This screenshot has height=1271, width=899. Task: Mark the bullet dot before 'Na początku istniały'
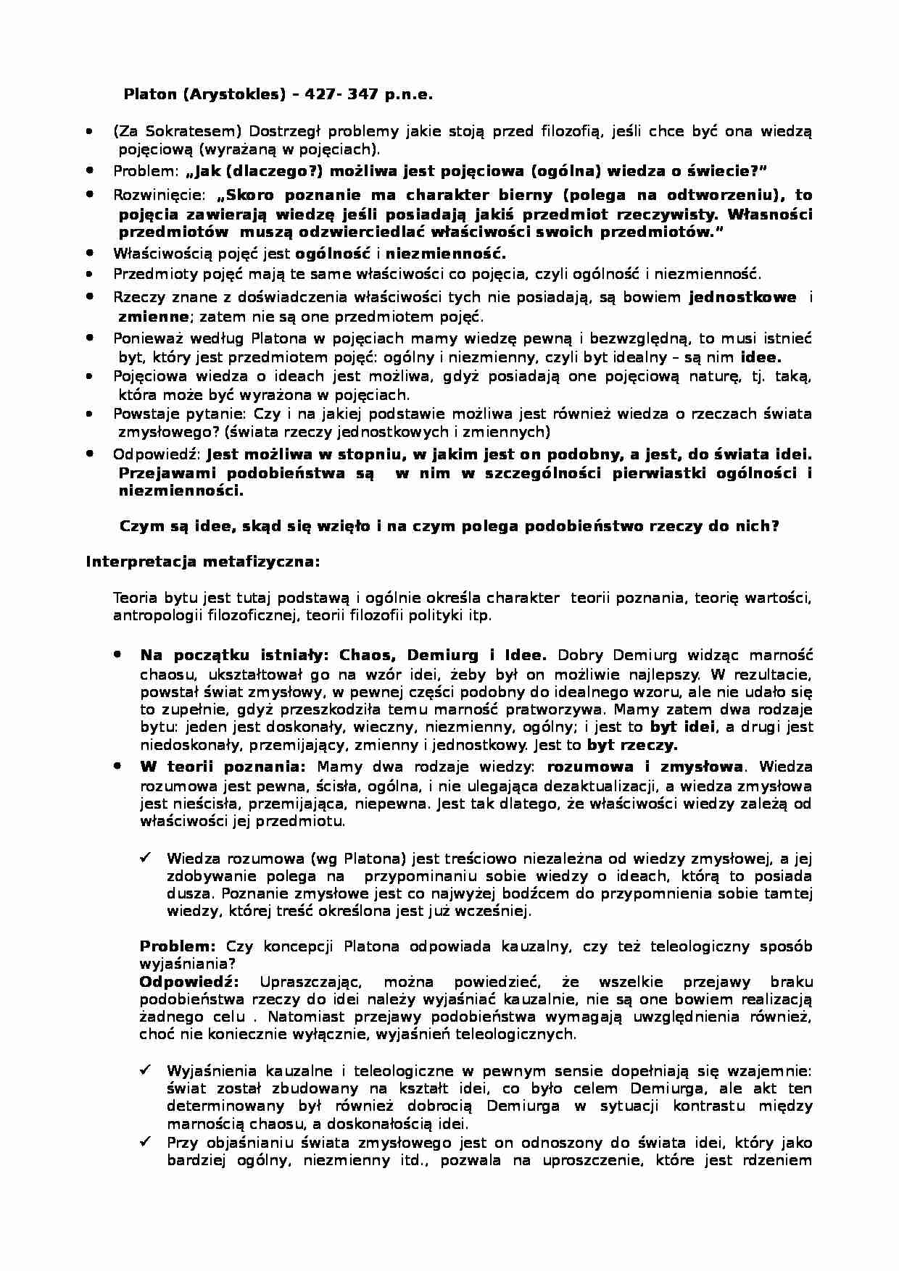117,654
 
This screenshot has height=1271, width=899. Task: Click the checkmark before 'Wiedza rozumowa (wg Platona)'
145,858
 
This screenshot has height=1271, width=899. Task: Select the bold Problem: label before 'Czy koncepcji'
178,946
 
